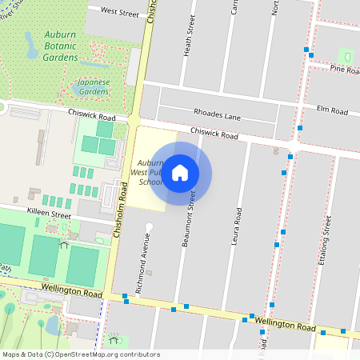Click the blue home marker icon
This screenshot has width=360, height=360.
tap(180, 173)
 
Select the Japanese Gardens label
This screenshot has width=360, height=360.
tap(93, 87)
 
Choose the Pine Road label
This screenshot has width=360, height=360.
tap(346, 70)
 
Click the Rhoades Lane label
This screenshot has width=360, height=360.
tap(217, 116)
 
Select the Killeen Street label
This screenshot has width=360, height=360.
tap(50, 216)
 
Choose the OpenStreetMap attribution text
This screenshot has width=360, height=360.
tap(80, 354)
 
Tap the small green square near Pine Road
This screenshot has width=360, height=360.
tap(346, 56)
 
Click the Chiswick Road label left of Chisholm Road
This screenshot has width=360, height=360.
tap(92, 118)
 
